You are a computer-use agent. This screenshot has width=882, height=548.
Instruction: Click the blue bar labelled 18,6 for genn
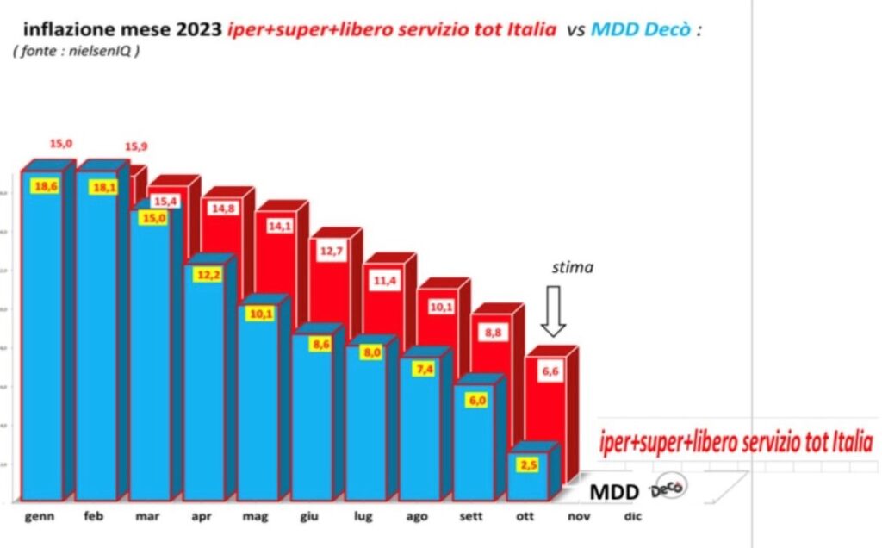coord(42,336)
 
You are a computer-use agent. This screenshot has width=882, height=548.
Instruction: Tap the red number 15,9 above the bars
coord(137,147)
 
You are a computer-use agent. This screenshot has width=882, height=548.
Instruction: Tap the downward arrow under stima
coord(553,315)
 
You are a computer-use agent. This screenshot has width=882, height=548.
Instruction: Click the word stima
coord(572,267)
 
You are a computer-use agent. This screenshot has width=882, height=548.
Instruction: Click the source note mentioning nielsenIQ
coord(77,51)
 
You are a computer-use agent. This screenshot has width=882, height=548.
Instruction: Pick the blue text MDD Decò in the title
coord(644,30)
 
